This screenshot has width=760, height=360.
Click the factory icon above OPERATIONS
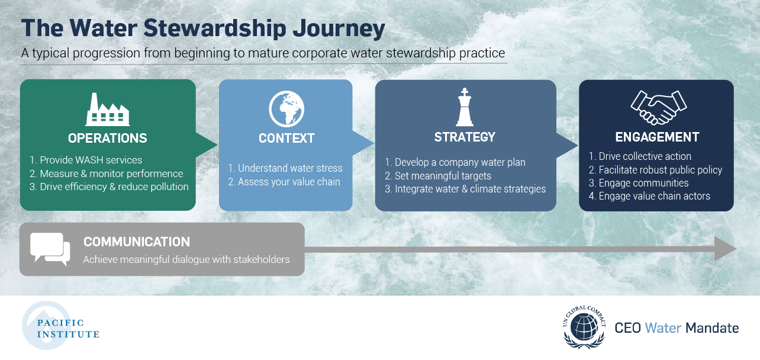(108, 110)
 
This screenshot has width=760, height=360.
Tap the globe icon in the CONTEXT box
(286, 109)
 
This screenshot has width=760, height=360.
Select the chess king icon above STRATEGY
(465, 107)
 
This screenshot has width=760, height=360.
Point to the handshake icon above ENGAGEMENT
(659, 108)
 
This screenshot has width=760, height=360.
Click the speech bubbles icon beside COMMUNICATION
(50, 249)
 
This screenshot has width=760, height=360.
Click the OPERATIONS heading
(108, 138)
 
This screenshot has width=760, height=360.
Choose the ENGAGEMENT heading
(657, 137)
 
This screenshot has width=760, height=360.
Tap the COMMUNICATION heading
(137, 242)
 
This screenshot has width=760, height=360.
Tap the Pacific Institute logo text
(68, 329)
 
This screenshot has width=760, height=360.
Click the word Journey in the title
(339, 28)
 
